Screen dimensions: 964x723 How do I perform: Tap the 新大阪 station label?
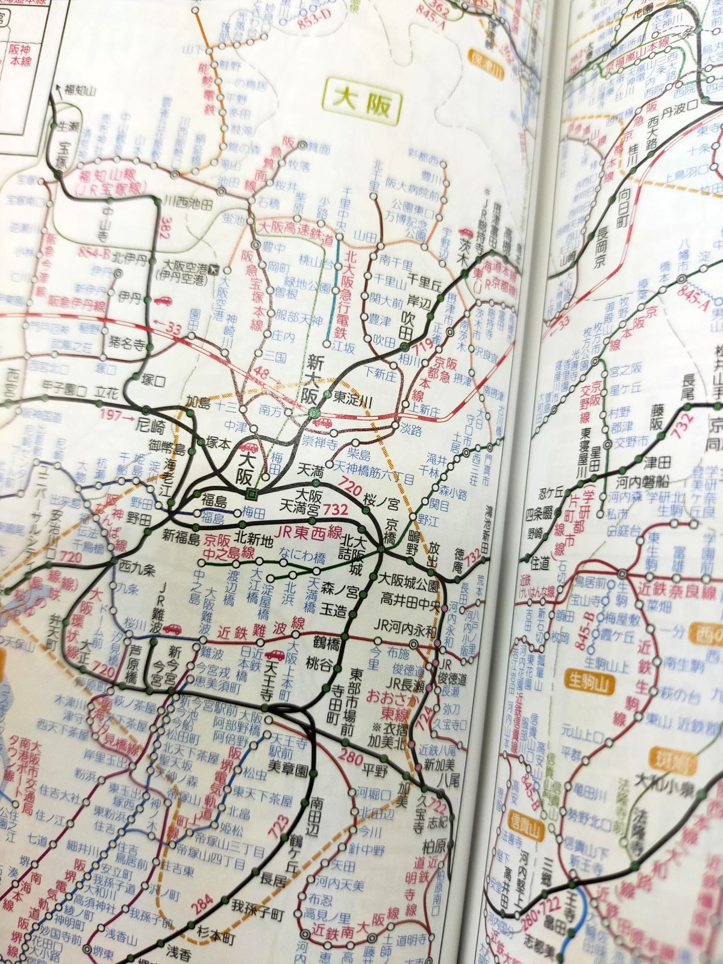coord(313,380)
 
